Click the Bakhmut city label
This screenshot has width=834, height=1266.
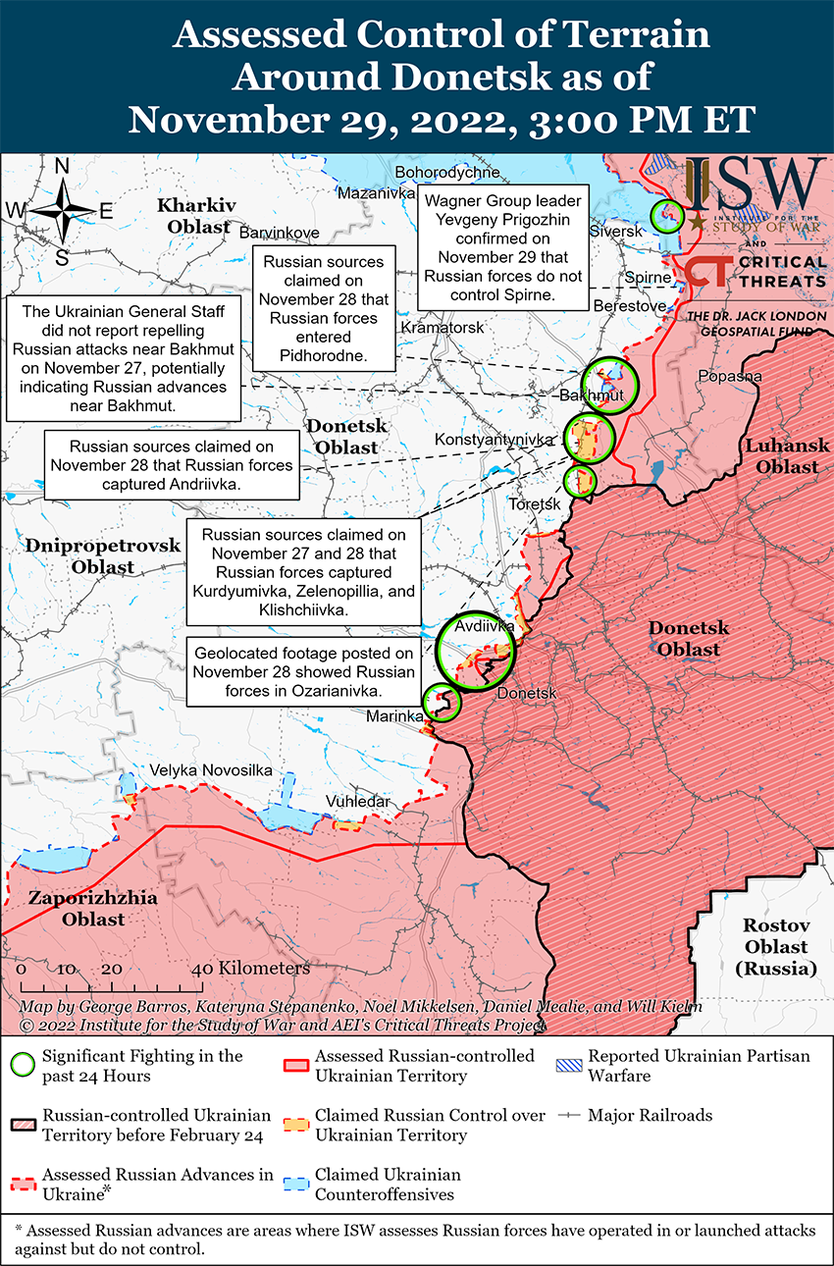592,396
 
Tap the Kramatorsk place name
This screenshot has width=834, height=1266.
443,327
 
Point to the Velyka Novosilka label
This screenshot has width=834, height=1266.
210,770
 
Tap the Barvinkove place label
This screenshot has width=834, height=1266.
279,233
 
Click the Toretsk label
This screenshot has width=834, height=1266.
535,503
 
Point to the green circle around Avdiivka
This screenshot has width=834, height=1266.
476,650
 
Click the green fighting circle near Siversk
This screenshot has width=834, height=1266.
668,215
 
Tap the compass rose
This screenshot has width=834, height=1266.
61,211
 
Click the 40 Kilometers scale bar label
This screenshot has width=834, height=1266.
251,968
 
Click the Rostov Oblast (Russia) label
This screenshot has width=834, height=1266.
775,947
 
